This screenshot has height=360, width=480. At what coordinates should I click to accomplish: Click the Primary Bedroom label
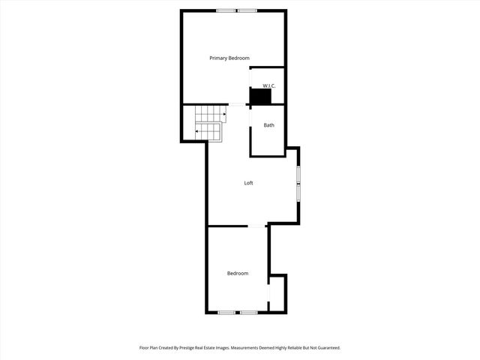click(229, 58)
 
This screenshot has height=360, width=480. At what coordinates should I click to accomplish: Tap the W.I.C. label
click(268, 85)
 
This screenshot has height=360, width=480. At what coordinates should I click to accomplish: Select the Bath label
click(268, 124)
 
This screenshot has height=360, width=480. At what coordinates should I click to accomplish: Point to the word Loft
click(248, 183)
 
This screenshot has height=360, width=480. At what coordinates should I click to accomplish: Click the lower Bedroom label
click(238, 273)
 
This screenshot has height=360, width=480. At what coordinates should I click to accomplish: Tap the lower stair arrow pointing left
click(198, 131)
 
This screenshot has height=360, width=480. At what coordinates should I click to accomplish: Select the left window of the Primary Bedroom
click(225, 10)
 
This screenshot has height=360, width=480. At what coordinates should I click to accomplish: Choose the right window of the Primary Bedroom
click(247, 10)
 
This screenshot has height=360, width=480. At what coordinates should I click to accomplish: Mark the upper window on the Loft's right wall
click(298, 175)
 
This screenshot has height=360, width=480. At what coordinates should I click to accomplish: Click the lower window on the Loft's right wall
click(298, 193)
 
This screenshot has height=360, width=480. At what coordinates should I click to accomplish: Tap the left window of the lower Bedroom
click(226, 312)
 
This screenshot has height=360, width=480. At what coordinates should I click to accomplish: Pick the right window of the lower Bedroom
click(249, 312)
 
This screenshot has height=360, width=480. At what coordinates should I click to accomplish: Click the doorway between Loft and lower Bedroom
click(257, 225)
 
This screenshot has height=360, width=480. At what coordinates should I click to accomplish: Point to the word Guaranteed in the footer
click(325, 348)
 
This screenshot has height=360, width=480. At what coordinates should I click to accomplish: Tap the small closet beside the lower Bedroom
click(277, 292)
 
